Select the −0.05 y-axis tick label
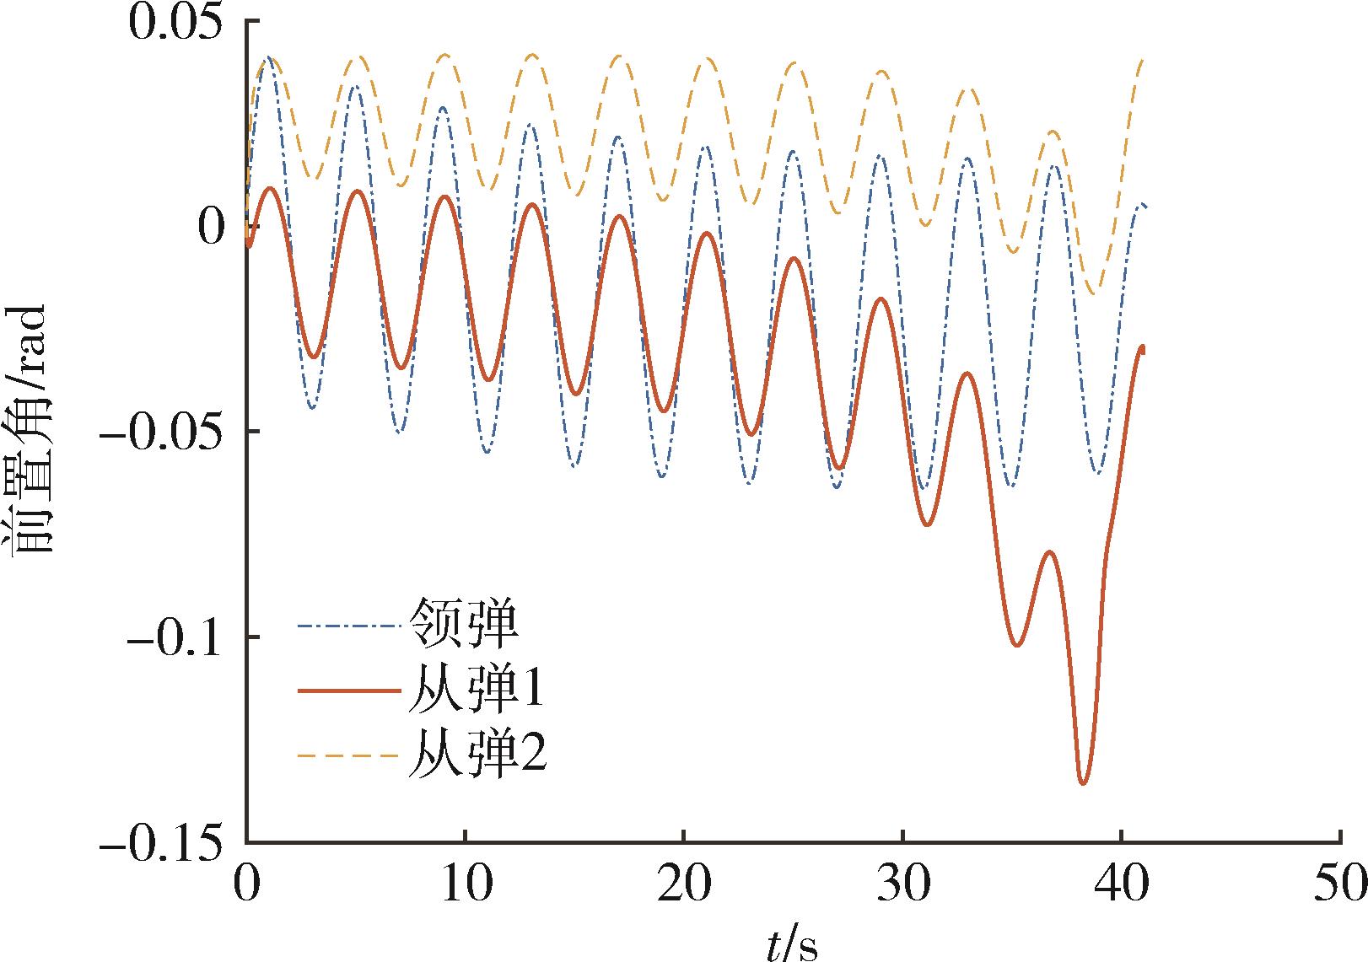(x=165, y=432)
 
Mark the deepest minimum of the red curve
(x=1084, y=783)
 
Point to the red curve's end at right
(x=1143, y=347)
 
